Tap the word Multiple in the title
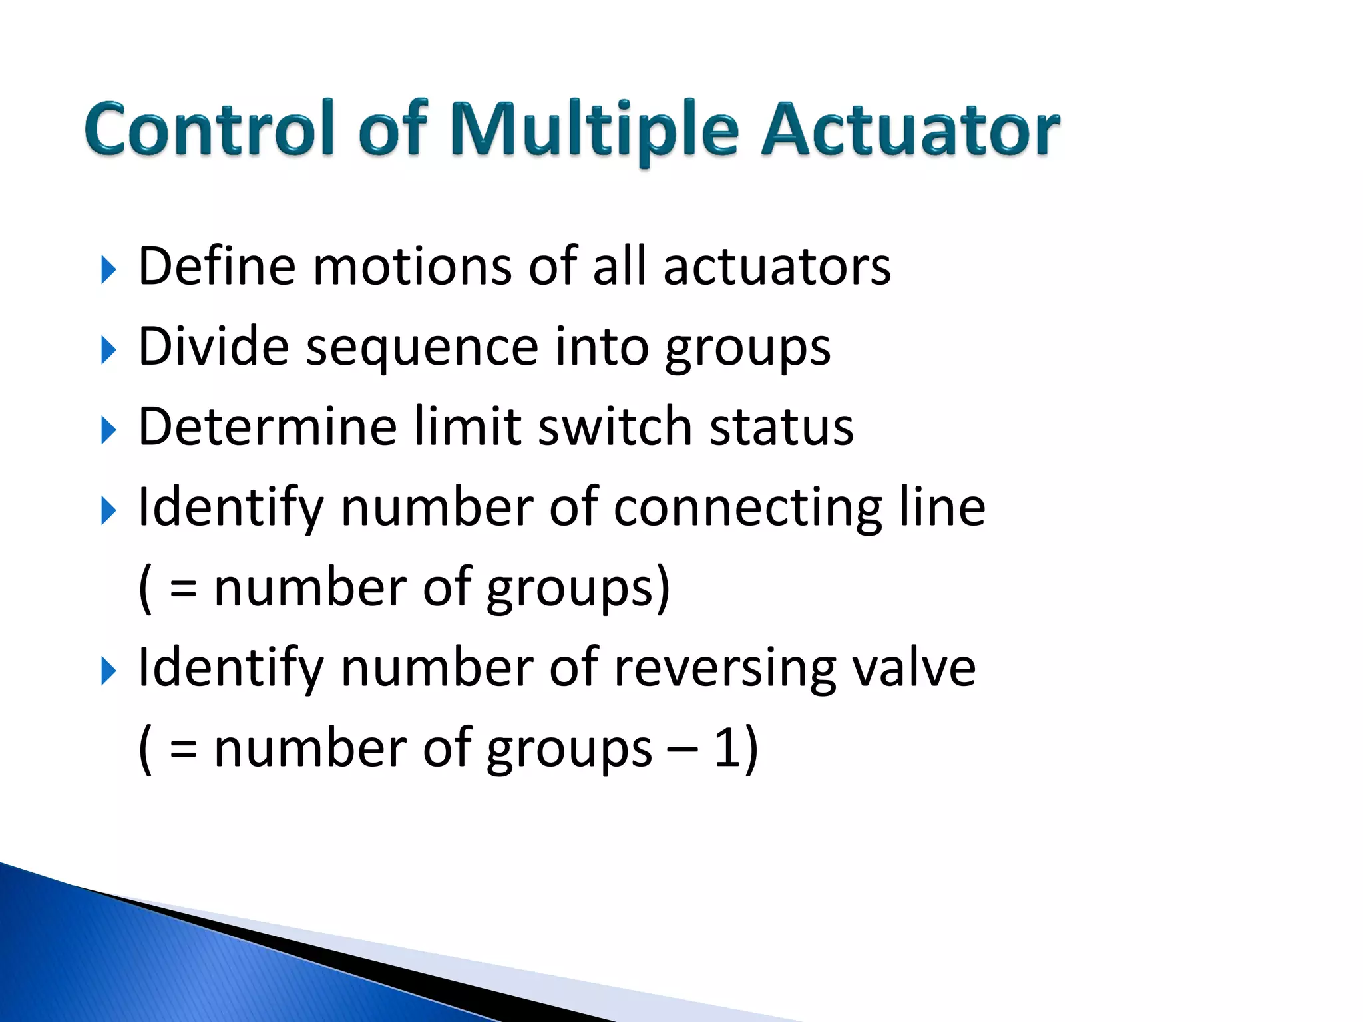click(x=594, y=129)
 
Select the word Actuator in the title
click(x=910, y=129)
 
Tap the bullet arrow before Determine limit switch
click(x=108, y=430)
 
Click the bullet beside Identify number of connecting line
click(x=108, y=511)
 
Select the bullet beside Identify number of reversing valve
click(x=108, y=671)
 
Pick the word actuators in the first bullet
click(x=777, y=267)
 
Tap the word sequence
click(x=422, y=348)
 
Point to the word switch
click(x=615, y=426)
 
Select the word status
click(x=781, y=426)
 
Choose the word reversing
click(x=724, y=668)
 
